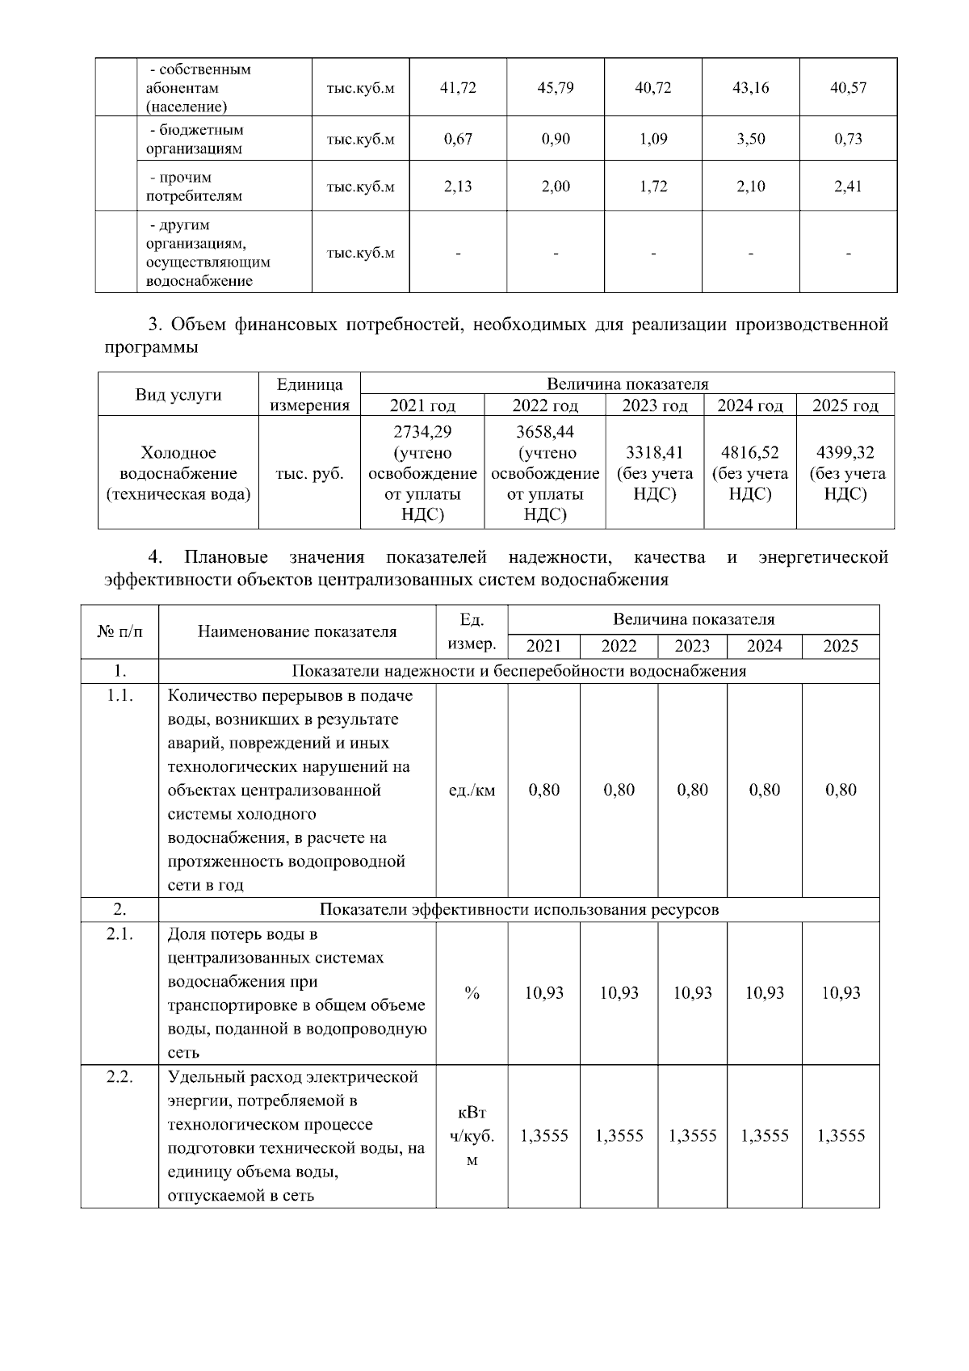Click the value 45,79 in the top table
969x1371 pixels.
coord(556,88)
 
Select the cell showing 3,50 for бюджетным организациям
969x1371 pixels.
coord(751,139)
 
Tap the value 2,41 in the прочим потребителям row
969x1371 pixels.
coord(848,187)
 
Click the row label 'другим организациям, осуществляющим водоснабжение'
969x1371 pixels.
coord(208,253)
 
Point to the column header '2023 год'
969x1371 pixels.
coord(654,405)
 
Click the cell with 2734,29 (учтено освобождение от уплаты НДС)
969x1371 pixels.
coord(422,473)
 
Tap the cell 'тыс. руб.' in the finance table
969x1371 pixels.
coord(309,474)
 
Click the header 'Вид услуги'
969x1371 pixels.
coord(178,395)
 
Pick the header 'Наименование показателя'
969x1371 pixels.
coord(297,632)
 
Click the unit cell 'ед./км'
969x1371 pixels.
coord(472,790)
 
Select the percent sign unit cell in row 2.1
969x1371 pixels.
coord(472,993)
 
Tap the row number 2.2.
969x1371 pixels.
coord(120,1077)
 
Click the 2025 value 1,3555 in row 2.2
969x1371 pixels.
coord(841,1136)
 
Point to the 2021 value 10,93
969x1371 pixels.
coord(544,993)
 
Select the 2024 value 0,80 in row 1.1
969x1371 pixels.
coord(765,790)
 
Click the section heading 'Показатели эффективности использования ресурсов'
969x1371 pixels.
coord(518,910)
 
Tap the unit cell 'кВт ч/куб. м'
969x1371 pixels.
coord(472,1136)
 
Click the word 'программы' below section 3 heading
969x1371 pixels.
coord(151,347)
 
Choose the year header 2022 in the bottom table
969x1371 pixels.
coord(619,646)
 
